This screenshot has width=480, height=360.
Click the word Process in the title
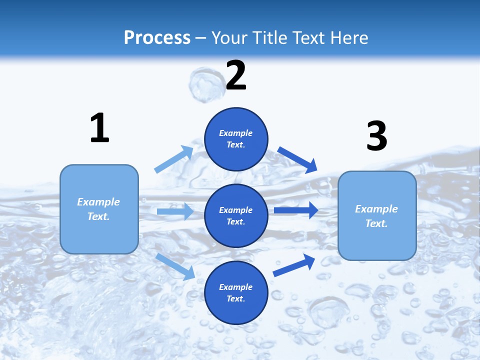[157, 37]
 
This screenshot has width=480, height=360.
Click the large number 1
[99, 128]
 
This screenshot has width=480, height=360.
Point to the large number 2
[236, 75]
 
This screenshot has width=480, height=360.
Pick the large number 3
[377, 136]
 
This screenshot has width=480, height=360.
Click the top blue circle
[236, 139]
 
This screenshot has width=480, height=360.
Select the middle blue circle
[236, 216]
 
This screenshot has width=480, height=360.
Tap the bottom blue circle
[236, 293]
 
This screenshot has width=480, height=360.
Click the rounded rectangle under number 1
[99, 209]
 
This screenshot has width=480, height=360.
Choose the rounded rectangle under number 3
[377, 216]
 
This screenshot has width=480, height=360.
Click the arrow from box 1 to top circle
[174, 159]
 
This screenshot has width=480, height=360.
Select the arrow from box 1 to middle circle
[175, 211]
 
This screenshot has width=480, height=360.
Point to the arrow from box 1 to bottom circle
[175, 266]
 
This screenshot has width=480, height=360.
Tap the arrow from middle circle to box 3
[295, 210]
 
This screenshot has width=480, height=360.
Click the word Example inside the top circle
[236, 133]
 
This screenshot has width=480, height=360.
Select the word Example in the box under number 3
[376, 209]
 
